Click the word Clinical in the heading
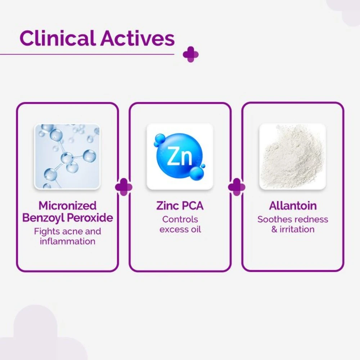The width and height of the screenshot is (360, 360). (x=58, y=38)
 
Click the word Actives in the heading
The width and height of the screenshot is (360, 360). (x=137, y=38)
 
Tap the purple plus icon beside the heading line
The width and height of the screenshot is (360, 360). (x=190, y=55)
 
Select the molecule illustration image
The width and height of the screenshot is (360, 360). (x=67, y=157)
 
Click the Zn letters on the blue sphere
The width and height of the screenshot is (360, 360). (x=180, y=156)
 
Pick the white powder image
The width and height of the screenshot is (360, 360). (x=292, y=157)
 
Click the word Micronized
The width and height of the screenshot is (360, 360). (x=68, y=206)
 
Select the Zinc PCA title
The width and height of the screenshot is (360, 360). (x=180, y=206)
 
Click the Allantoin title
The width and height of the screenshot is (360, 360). (x=293, y=206)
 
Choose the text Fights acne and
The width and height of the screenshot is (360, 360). (x=68, y=231)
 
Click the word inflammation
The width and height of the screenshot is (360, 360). (x=68, y=241)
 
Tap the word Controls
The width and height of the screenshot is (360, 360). (x=180, y=220)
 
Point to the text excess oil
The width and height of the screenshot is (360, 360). (x=180, y=229)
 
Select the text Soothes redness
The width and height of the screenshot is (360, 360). (x=293, y=220)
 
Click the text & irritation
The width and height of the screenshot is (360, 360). (x=293, y=229)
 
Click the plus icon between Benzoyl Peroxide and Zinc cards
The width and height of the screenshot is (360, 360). (x=124, y=187)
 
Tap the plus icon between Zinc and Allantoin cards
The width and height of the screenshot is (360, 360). (x=237, y=187)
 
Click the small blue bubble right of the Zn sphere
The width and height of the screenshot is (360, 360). (x=203, y=166)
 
